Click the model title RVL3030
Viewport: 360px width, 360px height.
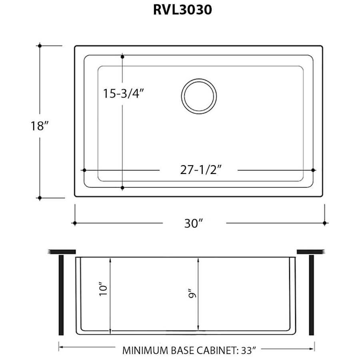pyautogui.click(x=182, y=10)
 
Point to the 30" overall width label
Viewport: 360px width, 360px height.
pyautogui.click(x=194, y=223)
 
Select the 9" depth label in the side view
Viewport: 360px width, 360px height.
pyautogui.click(x=193, y=295)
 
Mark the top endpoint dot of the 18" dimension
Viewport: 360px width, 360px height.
pyautogui.click(x=40, y=46)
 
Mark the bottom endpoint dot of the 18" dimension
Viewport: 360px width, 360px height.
pyautogui.click(x=40, y=198)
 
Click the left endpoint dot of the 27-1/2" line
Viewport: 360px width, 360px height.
pyautogui.click(x=84, y=170)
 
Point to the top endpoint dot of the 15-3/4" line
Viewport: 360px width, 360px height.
pyautogui.click(x=122, y=57)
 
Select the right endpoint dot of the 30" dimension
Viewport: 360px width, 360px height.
pyautogui.click(x=325, y=223)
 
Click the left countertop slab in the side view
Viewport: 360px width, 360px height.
pyautogui.click(x=62, y=252)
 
